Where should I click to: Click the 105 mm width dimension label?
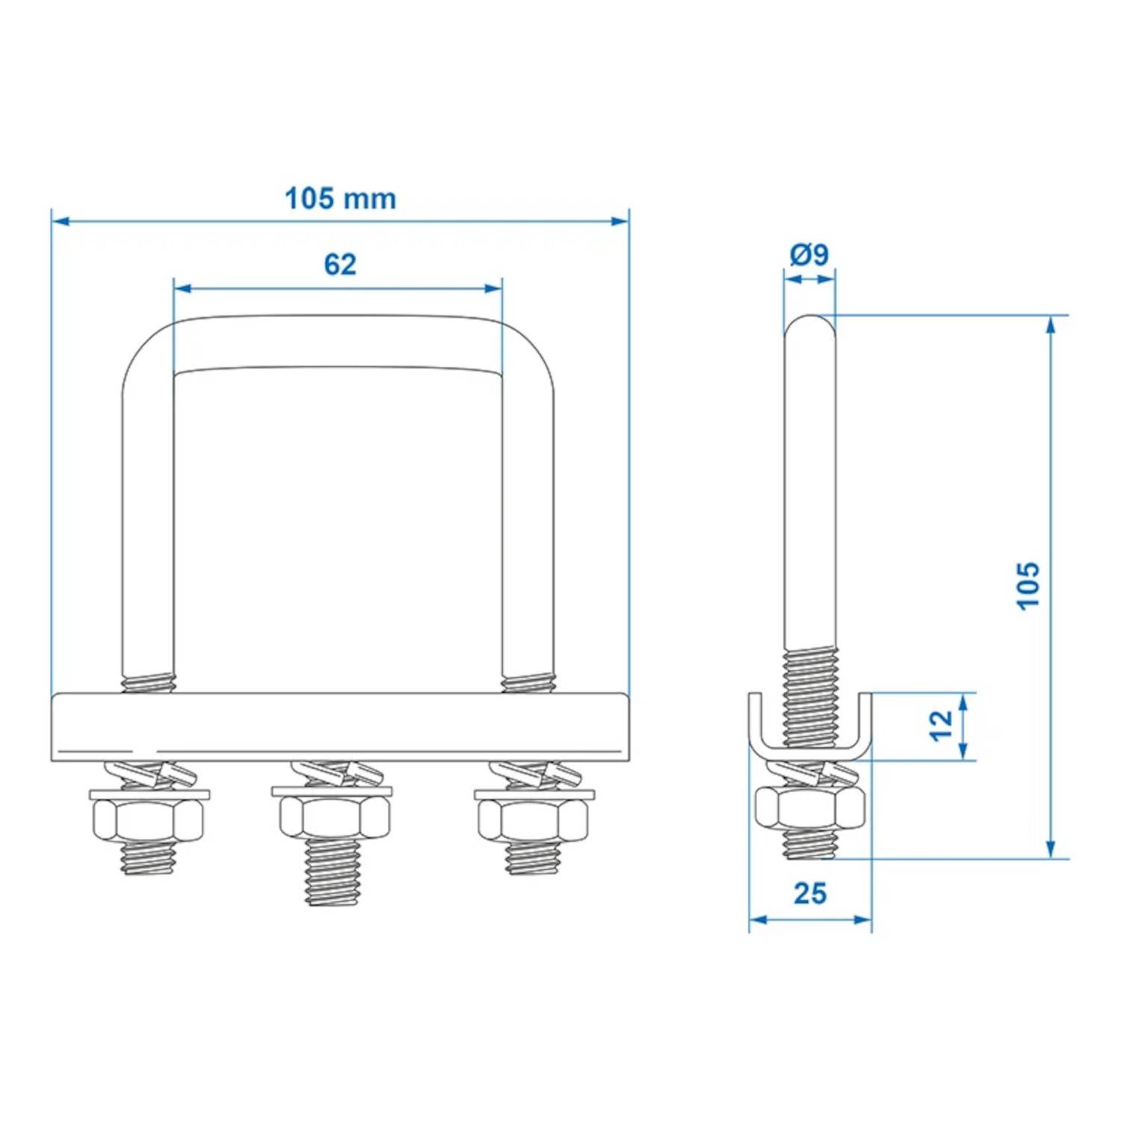coord(340,199)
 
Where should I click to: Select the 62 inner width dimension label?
coord(340,265)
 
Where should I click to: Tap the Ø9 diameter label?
coord(809,255)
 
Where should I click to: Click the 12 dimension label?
coord(942,725)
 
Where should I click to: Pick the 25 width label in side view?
coord(810,894)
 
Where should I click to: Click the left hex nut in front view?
coord(148,819)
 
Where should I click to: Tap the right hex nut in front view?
coord(532,819)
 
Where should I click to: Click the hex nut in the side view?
coord(810,808)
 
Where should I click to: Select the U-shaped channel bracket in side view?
coord(810,744)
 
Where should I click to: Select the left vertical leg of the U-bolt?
coord(148,523)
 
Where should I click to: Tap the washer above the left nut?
coord(149,794)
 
